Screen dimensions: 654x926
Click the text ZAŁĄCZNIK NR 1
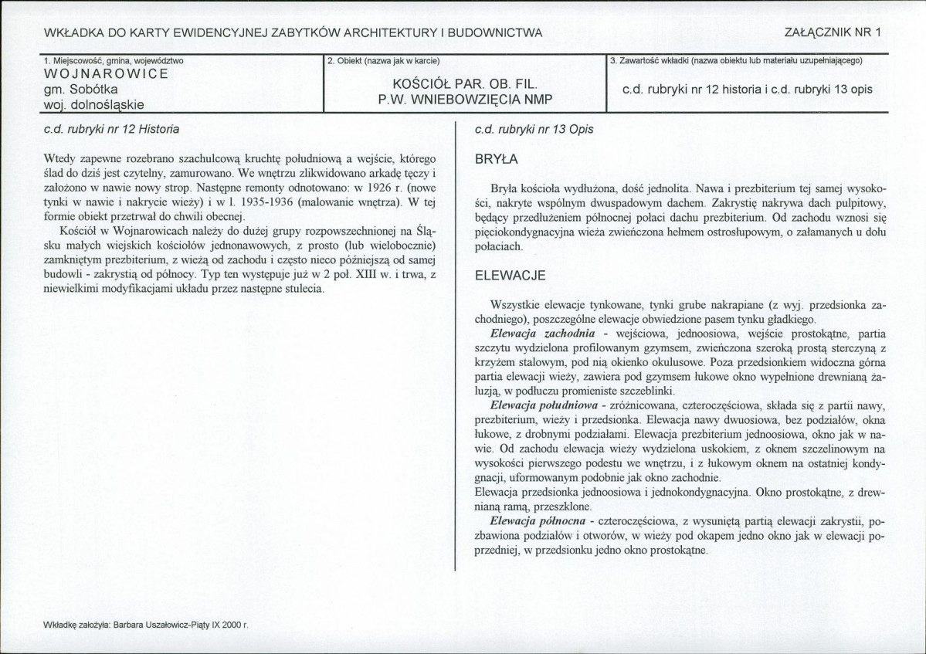(833, 32)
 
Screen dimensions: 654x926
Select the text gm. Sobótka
(80, 90)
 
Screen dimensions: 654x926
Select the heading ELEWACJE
(510, 275)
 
